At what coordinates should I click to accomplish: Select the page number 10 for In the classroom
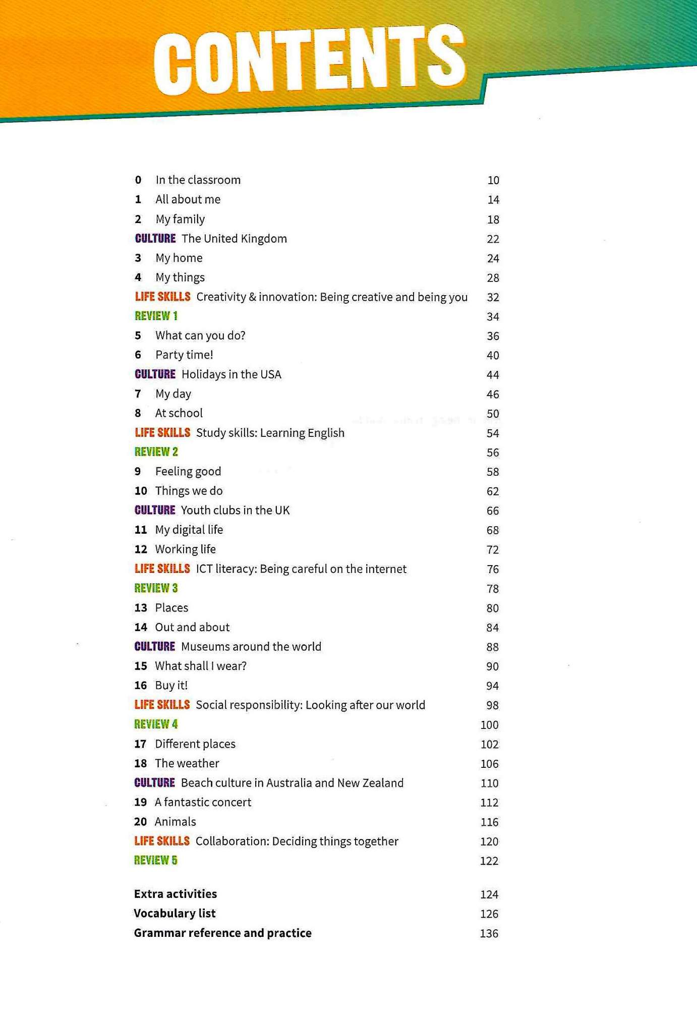point(493,180)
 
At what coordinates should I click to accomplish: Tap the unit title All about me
point(188,199)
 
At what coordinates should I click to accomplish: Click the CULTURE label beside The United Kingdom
point(155,238)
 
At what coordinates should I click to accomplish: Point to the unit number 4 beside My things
point(138,277)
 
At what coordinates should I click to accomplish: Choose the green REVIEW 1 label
point(156,316)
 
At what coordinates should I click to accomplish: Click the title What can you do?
point(200,335)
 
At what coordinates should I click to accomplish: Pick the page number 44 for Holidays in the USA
point(492,375)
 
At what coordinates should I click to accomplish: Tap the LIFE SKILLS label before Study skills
point(162,432)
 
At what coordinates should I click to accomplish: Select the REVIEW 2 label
point(156,452)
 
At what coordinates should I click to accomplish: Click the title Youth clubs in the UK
point(235,510)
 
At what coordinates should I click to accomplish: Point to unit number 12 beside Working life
point(141,549)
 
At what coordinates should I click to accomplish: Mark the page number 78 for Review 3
point(492,589)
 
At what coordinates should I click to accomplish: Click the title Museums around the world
point(251,646)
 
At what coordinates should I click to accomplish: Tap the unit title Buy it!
point(171,685)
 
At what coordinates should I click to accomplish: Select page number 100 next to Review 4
point(489,725)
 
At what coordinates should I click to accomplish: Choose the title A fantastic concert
point(203,802)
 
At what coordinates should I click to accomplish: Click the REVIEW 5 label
point(155,860)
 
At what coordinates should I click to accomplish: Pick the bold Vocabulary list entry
point(175,913)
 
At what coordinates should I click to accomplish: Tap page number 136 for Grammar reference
point(489,933)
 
